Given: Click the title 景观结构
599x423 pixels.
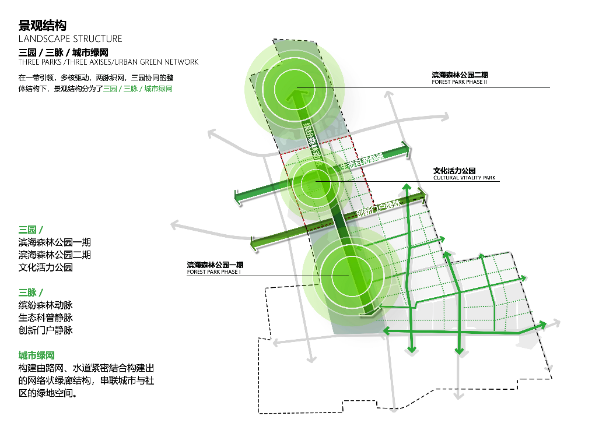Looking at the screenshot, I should click(43, 25).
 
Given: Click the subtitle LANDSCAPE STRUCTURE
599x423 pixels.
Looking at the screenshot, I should click(71, 39).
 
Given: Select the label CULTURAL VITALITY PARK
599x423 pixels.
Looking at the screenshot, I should click(464, 178).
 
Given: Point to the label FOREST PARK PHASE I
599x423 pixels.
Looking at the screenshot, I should click(213, 272).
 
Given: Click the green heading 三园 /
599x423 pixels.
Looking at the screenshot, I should click(31, 230).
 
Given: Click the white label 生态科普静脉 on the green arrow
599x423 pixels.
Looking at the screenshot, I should click(363, 163).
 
